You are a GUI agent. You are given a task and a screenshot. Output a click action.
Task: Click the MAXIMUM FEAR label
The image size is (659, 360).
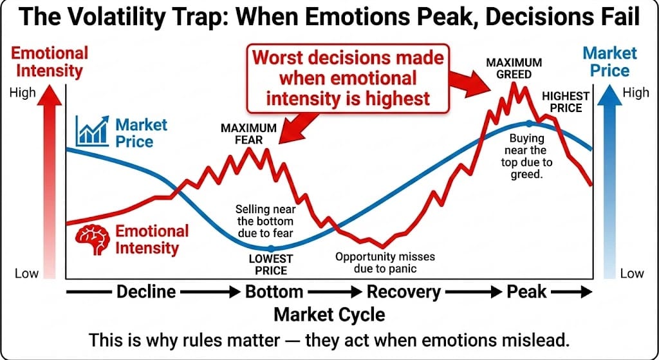248,134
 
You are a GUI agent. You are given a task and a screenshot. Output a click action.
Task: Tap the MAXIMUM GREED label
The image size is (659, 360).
514,68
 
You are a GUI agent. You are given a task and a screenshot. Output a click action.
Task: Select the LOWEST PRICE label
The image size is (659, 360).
271,265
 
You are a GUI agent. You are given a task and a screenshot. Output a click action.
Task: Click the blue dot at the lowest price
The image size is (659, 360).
271,248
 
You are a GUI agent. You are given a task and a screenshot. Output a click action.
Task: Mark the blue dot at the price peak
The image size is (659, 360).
529,123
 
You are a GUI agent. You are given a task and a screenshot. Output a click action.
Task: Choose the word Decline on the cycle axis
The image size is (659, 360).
146,292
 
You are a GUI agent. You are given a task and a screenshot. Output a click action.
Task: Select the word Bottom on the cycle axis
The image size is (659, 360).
274,292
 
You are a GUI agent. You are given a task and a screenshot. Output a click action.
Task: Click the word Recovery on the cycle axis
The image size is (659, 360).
404,292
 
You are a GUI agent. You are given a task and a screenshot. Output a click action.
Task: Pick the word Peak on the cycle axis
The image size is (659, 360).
526,292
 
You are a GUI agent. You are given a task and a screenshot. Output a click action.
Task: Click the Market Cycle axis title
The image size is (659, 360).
329,314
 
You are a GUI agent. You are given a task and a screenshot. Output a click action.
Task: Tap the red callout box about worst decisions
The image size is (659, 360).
348,78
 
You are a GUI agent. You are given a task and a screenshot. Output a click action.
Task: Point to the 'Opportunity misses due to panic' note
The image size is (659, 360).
385,262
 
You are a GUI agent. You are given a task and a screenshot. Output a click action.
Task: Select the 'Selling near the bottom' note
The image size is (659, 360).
265,221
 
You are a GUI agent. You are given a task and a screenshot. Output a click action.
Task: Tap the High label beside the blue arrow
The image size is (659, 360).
636,93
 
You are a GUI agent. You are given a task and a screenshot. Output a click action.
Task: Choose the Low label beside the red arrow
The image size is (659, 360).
27,274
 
